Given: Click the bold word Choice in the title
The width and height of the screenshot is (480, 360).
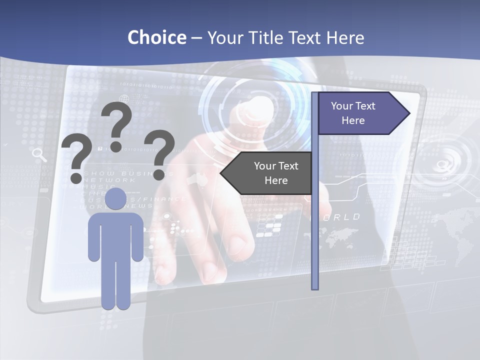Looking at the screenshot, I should coord(156,37).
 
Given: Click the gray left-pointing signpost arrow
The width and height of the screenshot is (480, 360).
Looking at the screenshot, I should coord(267,173).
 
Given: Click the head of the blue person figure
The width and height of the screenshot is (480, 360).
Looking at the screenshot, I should coord(115,199).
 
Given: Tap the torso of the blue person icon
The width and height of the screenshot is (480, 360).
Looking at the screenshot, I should coord(115,235).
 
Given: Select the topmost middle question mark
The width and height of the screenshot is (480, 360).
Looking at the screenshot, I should coord(116,125).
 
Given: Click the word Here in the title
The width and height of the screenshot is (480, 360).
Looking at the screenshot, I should coord(345,37).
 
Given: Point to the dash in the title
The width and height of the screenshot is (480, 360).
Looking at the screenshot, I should coord(196,38).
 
